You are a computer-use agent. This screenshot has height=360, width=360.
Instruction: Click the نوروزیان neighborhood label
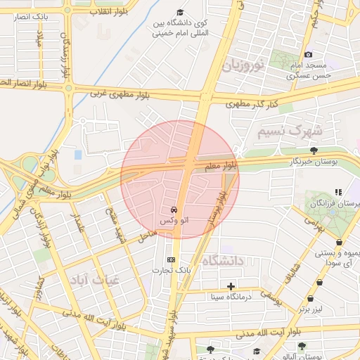pos(243,67)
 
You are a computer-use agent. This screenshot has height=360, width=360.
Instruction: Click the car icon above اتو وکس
pos(173,210)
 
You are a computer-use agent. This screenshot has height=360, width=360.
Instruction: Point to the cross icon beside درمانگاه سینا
pos(231,286)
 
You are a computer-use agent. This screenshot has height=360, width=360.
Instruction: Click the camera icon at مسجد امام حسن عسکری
pos(308,55)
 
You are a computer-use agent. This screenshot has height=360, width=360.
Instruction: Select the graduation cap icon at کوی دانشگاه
pos(180,13)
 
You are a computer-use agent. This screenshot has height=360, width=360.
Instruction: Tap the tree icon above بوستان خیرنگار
pos(314,150)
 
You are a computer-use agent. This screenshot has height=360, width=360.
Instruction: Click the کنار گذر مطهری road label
pos(252,104)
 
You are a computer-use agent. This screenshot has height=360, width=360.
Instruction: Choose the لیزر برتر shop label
pos(310,309)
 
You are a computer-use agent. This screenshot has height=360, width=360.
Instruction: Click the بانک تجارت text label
pos(169,271)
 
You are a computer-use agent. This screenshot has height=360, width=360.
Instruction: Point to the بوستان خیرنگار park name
pos(314,161)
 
